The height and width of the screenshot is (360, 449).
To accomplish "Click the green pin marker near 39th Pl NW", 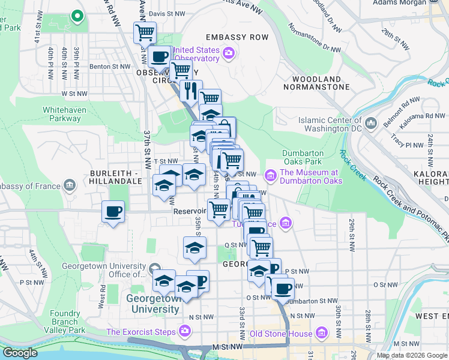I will pyautogui.click(x=76, y=16).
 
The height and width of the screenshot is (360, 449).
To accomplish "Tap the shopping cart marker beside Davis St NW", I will pyautogui.click(x=145, y=32).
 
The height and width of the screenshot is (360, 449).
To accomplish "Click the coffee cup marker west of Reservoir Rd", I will pyautogui.click(x=113, y=212).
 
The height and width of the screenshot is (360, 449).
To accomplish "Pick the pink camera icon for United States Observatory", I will pyautogui.click(x=228, y=55).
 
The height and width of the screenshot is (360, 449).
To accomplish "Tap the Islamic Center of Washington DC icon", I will pyautogui.click(x=371, y=123).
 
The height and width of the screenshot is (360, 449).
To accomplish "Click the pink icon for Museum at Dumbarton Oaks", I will pyautogui.click(x=271, y=175).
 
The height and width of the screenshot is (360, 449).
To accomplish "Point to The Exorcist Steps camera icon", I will pyautogui.click(x=184, y=331).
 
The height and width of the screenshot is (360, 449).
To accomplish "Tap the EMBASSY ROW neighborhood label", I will pyautogui.click(x=239, y=37).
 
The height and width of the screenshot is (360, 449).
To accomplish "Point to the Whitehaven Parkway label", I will pyautogui.click(x=62, y=114).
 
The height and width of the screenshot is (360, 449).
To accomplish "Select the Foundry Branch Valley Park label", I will pyautogui.click(x=65, y=322).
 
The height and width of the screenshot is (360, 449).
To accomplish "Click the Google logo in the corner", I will pyautogui.click(x=20, y=353).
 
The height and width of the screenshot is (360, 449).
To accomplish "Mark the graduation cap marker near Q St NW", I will pyautogui.click(x=194, y=247).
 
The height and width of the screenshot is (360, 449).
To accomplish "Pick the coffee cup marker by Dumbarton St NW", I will pyautogui.click(x=282, y=289).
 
